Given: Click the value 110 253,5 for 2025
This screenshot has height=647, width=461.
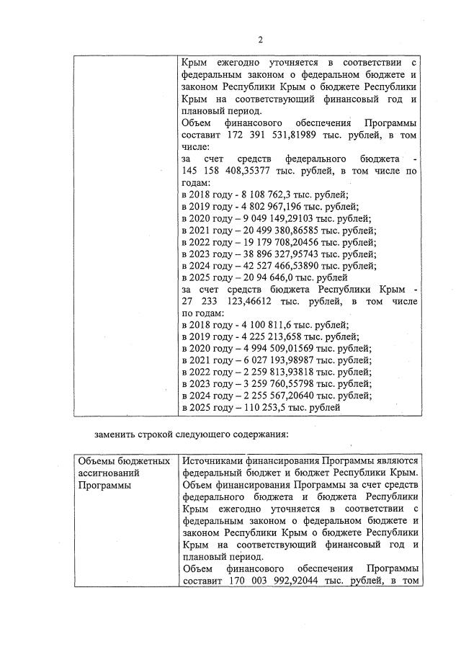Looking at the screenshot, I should click(259, 407).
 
